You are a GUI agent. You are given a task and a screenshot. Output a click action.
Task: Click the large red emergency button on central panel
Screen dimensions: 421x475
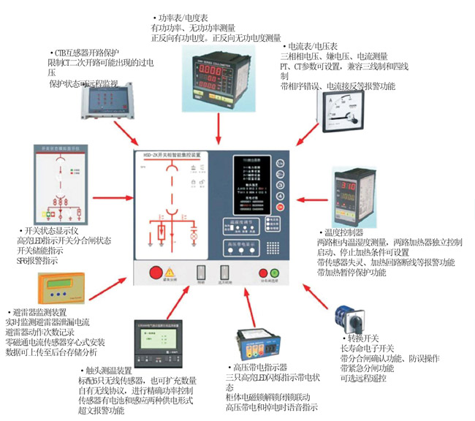(x=156, y=273)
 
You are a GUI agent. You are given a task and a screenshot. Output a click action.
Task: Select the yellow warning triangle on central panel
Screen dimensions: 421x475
(x=170, y=272)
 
